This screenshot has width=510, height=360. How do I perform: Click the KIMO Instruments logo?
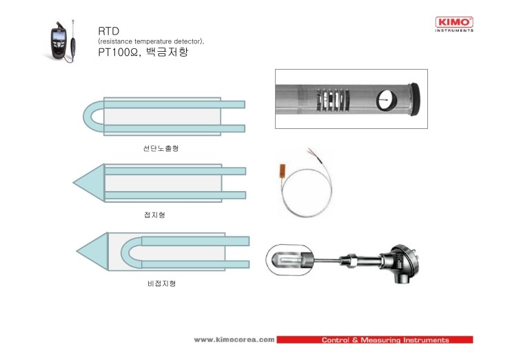click(455, 25)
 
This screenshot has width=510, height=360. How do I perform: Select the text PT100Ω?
click(120, 52)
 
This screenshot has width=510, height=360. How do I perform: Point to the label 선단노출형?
click(161, 149)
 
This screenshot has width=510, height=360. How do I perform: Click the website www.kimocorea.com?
click(234, 340)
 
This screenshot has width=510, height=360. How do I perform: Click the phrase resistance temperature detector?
click(151, 42)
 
